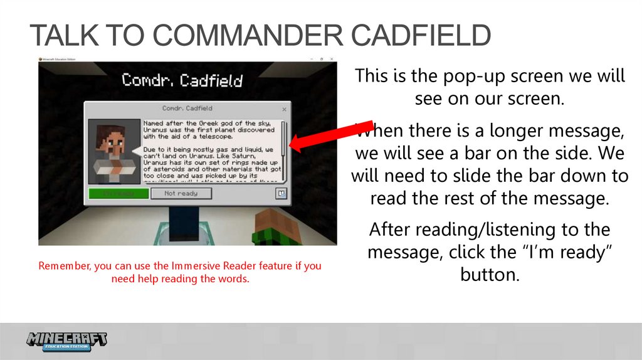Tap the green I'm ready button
(118, 193)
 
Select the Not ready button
(181, 193)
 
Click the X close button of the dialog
(284, 109)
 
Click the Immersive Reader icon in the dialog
(282, 193)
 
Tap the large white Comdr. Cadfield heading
(182, 80)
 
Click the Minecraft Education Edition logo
(67, 341)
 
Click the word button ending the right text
(490, 275)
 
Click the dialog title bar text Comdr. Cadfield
(187, 109)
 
